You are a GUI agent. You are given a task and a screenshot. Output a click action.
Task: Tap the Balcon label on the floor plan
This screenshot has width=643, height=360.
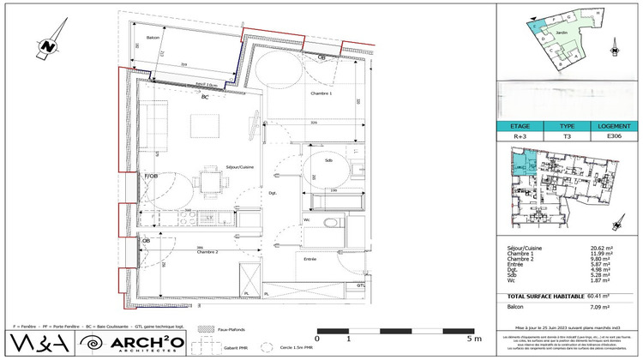153,39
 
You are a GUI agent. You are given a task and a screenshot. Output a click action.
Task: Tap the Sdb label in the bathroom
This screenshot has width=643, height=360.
328,160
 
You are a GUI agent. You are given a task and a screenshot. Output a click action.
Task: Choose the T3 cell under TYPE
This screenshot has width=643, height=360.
567,135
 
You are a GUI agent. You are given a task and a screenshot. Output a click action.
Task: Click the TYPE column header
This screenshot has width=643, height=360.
567,125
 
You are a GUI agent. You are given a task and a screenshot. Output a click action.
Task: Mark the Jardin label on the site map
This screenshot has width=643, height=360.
562,33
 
